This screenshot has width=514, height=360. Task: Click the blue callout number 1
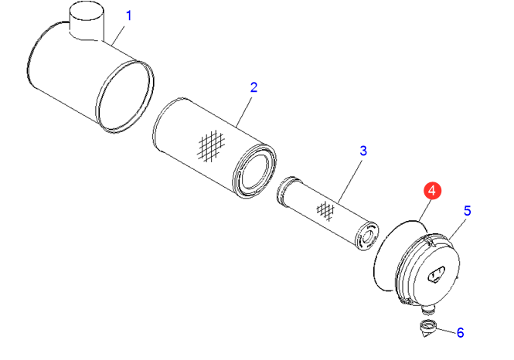coord(129,15)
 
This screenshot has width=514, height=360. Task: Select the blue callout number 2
coord(254,87)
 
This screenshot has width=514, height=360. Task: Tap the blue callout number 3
coord(363,151)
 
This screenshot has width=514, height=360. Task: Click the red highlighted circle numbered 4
coord(432,191)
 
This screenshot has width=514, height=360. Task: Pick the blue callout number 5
coord(468,211)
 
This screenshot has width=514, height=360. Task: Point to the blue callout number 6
coord(460,333)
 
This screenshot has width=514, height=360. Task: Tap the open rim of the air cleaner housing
coord(125,97)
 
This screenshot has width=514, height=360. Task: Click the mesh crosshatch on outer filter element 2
coord(212,145)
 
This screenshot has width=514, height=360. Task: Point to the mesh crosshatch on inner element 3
coord(325,211)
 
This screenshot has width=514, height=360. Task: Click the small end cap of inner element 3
coord(368,236)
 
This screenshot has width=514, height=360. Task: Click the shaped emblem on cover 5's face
coord(436,273)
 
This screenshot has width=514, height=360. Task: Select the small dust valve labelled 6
coord(427,328)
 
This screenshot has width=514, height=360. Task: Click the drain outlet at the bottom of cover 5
coord(428,310)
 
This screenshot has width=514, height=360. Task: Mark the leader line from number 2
coord(244,112)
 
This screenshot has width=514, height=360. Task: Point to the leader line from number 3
coord(350,180)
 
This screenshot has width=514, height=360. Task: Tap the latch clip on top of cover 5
coord(430,239)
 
